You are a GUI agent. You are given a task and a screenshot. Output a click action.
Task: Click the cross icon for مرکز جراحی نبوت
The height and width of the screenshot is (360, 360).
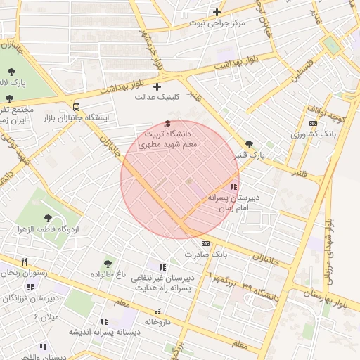point(217,12)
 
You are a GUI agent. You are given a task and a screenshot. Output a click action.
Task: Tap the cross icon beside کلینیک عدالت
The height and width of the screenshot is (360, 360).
point(157,86)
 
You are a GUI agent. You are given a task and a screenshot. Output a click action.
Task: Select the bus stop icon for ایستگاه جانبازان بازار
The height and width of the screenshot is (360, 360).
point(76,107)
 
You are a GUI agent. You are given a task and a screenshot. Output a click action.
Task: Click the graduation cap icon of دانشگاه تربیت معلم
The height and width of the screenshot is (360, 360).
point(167,124)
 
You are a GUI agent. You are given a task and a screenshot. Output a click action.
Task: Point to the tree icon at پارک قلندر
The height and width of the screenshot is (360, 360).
point(249,143)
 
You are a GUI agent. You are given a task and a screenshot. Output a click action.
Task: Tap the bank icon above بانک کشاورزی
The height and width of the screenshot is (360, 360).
point(313,123)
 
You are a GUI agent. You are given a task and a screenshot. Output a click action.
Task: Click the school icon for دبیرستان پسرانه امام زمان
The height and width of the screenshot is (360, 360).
point(233,186)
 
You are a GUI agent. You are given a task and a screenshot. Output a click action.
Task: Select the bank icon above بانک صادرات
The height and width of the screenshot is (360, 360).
point(205,243)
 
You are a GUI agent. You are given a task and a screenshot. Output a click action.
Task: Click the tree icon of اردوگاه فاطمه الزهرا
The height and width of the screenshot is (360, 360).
point(48,218)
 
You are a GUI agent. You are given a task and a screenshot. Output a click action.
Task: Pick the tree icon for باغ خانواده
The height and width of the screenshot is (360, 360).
point(108,263)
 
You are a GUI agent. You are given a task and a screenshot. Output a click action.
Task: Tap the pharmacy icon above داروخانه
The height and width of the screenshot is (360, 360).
point(157,311)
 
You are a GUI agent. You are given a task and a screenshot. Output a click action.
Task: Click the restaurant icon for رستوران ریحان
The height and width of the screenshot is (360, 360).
point(24,262)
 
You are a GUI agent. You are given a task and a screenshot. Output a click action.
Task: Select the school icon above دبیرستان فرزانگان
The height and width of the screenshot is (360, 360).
point(30,287)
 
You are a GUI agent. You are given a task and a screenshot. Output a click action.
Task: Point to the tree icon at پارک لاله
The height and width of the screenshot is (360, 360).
point(11,72)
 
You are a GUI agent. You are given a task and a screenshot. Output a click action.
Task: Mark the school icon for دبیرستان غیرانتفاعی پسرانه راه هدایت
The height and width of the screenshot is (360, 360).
point(163,267)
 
